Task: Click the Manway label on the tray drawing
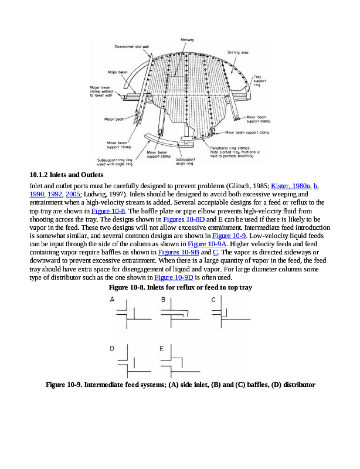pyautogui.click(x=188, y=39)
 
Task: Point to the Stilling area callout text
pyautogui.click(x=238, y=52)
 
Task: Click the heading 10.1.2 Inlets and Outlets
pyautogui.click(x=66, y=175)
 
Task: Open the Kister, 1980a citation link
pyautogui.click(x=291, y=186)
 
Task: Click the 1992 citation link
pyautogui.click(x=56, y=194)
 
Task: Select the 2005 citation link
pyautogui.click(x=72, y=194)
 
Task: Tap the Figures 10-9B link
pyautogui.click(x=174, y=252)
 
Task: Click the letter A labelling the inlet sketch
pyautogui.click(x=112, y=300)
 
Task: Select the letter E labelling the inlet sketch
pyautogui.click(x=161, y=348)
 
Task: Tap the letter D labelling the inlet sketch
pyautogui.click(x=112, y=348)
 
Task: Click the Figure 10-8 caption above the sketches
pyautogui.click(x=181, y=288)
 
